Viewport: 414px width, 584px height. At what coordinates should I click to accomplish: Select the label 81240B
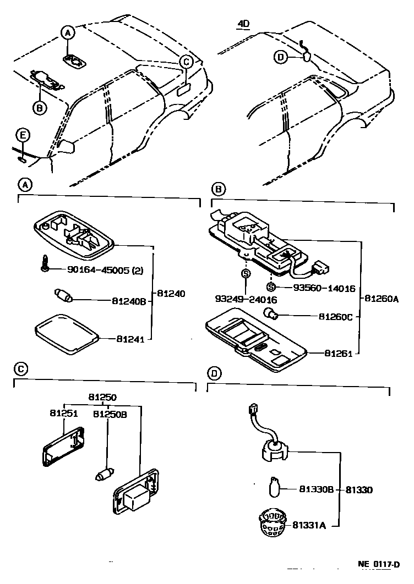(x=129, y=301)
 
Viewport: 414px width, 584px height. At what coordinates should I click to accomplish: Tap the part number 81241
(x=130, y=339)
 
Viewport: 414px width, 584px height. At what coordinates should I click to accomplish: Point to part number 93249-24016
(x=246, y=300)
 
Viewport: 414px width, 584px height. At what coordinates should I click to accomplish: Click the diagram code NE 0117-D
(x=379, y=565)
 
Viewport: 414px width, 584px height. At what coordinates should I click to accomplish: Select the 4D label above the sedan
(x=243, y=24)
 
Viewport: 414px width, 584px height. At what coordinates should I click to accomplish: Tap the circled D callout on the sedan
(x=281, y=57)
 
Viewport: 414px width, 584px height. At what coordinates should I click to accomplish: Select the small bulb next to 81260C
(x=271, y=315)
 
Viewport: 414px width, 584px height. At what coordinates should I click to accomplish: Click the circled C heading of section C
(x=20, y=369)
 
